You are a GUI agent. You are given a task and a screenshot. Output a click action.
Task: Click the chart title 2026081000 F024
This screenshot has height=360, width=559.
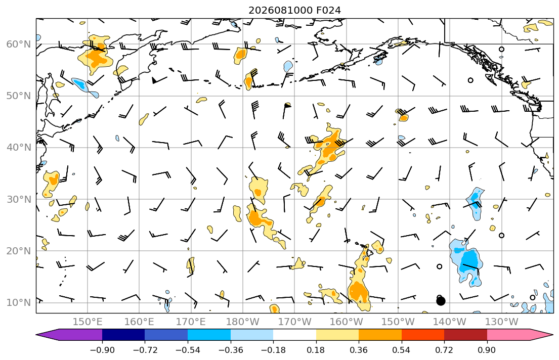click(294, 10)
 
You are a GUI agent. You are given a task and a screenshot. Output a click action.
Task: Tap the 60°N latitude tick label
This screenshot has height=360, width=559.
click(19, 44)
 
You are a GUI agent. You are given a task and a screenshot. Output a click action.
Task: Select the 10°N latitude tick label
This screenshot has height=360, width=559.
click(19, 303)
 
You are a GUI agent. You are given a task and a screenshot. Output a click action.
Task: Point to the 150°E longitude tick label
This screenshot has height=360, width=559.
click(88, 322)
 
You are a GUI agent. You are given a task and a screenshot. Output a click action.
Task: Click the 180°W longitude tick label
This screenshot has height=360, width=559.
click(243, 322)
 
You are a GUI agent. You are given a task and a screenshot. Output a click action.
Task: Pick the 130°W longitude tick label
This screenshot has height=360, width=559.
click(502, 322)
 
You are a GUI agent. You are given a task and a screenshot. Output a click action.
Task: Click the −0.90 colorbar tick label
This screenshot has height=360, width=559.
click(102, 350)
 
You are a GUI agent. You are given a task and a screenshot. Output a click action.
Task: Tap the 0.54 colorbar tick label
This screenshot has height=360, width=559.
click(402, 350)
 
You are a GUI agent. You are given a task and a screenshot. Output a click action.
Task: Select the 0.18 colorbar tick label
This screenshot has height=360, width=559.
click(316, 350)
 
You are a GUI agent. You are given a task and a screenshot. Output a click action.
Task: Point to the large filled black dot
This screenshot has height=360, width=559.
click(441, 301)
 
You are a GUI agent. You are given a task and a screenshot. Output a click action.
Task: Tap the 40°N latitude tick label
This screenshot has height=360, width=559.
click(19, 148)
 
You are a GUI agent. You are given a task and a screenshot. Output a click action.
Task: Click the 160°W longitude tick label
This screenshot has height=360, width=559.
click(346, 322)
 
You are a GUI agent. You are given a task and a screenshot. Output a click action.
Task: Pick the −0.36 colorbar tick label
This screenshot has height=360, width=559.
click(230, 350)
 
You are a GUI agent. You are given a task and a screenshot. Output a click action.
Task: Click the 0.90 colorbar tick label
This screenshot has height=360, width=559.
click(487, 350)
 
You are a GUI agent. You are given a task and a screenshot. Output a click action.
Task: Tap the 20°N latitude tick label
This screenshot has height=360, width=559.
click(19, 251)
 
